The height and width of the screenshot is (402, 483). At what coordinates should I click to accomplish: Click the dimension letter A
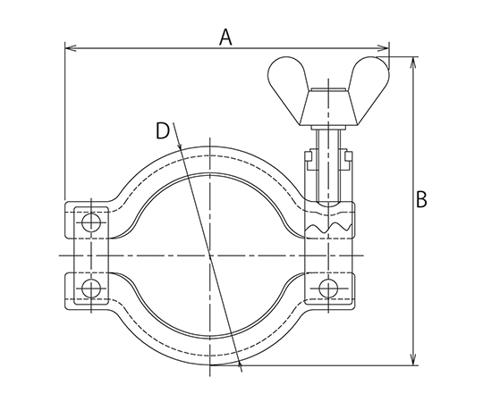(x=225, y=38)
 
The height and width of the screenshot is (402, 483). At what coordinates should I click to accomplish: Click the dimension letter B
(x=421, y=199)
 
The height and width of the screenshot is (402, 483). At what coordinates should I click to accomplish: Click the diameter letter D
(x=163, y=131)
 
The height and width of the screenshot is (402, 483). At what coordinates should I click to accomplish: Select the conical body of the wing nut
(x=328, y=107)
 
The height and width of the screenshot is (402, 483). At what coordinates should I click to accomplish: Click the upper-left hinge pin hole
(x=91, y=222)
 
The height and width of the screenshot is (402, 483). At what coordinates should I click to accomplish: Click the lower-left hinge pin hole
(x=91, y=289)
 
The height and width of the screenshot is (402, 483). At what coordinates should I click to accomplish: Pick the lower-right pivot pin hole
(x=328, y=289)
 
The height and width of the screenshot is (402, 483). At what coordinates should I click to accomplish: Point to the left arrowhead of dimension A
(x=71, y=48)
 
